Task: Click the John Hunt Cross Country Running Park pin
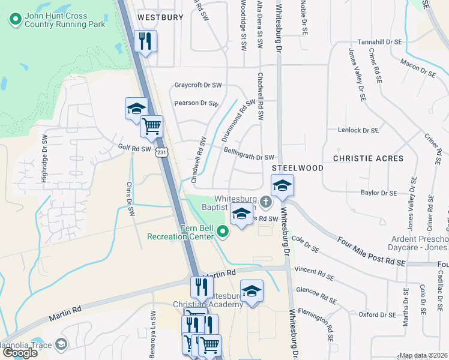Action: [x=15, y=20]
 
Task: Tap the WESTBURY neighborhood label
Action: [x=160, y=17]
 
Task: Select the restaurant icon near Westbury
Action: [x=145, y=41]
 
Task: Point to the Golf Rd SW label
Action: [x=134, y=148]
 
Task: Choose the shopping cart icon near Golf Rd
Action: [x=152, y=126]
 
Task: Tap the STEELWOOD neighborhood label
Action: [x=298, y=168]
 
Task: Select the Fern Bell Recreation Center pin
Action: [x=223, y=231]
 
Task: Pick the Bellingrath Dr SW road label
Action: [x=249, y=154]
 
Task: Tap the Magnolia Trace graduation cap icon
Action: [x=60, y=344]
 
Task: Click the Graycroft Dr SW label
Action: [x=198, y=85]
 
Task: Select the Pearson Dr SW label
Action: [x=196, y=103]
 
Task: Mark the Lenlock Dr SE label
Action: [x=358, y=130]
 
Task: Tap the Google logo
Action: [x=20, y=353]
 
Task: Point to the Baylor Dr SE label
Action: [x=379, y=193]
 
